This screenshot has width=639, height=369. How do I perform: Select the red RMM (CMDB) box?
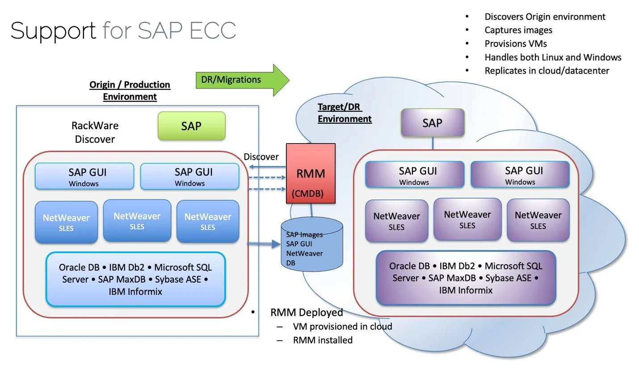point(311,174)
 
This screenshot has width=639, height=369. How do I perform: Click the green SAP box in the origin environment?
point(192,126)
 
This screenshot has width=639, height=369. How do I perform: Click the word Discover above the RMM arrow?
point(261,157)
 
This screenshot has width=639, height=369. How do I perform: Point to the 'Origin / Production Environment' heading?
point(130,90)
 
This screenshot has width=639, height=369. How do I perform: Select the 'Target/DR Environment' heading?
point(344,113)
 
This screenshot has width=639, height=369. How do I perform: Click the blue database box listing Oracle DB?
point(135,279)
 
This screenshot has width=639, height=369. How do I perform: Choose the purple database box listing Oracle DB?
point(466,278)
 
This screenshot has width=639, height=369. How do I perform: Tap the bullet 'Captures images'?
point(518,30)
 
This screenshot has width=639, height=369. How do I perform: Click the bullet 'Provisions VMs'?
point(516,43)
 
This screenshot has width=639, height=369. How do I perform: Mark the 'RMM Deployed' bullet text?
point(307,312)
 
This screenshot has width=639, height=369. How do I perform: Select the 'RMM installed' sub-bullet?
point(323,340)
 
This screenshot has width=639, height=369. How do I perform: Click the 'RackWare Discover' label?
point(95,132)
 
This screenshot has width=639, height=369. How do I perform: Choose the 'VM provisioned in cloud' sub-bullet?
point(342,327)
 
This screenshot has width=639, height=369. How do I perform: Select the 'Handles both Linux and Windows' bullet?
point(553,57)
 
